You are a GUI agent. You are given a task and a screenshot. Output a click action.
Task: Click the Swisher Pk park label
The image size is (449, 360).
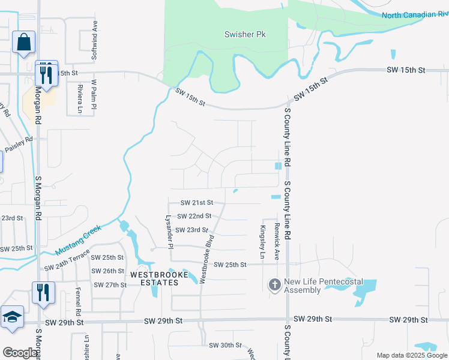(x=244, y=34)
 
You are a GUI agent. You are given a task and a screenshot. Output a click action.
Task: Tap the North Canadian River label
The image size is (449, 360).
(x=415, y=15)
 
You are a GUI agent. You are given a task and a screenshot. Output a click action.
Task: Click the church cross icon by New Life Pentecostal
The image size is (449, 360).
(x=275, y=284)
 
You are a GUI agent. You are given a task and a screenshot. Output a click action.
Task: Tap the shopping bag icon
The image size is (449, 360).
(x=23, y=43)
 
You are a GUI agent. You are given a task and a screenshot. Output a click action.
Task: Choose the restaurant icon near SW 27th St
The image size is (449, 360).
(x=43, y=292)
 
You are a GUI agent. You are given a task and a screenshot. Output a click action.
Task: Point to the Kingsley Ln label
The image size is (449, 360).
(x=262, y=242)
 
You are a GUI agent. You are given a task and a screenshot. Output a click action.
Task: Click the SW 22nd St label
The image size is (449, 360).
(x=196, y=216)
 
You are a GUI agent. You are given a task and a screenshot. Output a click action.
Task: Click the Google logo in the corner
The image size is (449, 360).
(x=20, y=352)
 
